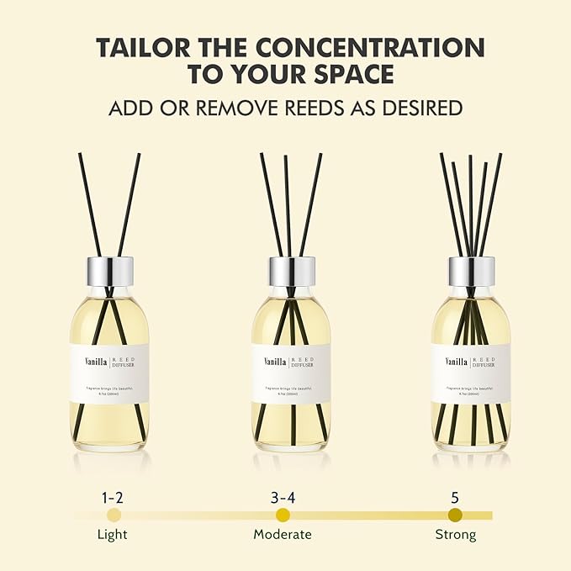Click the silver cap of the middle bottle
tap(291, 270)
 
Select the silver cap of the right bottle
tap(472, 270)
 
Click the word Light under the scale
tap(114, 535)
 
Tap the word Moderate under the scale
tap(283, 535)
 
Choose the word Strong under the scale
tap(455, 535)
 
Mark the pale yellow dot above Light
tap(114, 515)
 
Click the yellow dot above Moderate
tap(283, 515)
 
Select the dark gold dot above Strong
tap(455, 515)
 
